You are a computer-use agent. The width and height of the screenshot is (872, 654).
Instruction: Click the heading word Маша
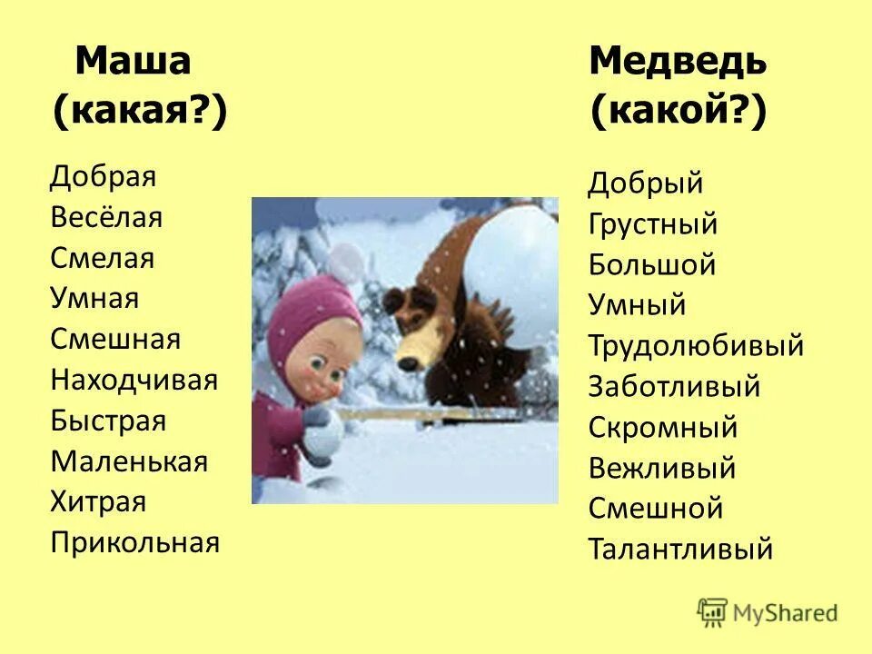pos(133,62)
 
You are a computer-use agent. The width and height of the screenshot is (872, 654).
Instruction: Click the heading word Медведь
pos(678,62)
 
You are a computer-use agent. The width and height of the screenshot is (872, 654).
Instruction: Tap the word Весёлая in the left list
pos(106,217)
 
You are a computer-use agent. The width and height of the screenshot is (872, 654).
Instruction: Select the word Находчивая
pos(134,380)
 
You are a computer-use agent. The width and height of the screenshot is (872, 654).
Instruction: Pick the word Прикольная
pos(135,543)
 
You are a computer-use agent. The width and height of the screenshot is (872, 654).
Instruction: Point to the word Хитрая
pos(98,502)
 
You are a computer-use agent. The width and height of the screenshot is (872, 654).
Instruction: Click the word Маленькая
pos(129,461)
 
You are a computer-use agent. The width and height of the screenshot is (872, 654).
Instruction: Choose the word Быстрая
pos(108,421)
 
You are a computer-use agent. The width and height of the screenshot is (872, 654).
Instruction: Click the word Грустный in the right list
pos(652,224)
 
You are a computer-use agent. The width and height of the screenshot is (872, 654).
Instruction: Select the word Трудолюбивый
pos(696,346)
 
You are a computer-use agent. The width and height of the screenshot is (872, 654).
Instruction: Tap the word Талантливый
pos(680,550)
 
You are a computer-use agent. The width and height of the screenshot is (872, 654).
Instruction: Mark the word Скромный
pos(663,427)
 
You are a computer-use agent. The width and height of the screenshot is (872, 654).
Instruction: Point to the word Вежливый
pos(662,469)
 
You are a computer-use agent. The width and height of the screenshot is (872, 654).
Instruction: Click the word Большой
pos(652,265)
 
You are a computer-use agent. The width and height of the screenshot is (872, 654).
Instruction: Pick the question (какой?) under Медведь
pos(678,113)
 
